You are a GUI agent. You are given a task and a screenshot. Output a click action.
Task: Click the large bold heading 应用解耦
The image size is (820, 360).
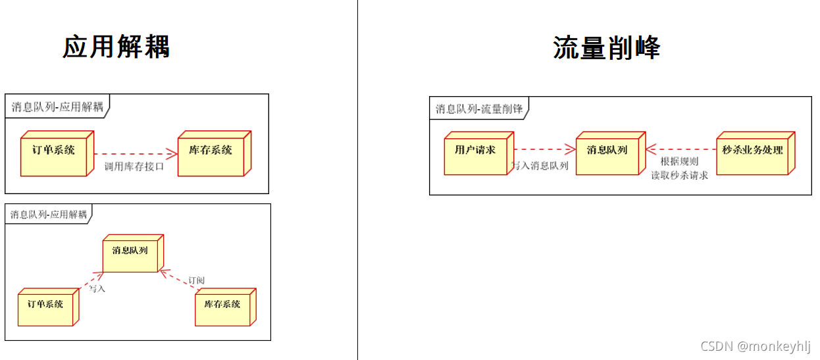pos(116,47)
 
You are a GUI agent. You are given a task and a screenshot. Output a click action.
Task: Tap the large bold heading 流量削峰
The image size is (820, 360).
pos(606,47)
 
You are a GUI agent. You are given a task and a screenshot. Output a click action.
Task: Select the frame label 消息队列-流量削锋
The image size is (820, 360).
pos(478,109)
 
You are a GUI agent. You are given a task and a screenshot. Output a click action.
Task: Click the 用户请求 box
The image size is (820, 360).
pos(475,153)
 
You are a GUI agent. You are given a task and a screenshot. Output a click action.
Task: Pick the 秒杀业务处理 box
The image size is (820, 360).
pos(752,153)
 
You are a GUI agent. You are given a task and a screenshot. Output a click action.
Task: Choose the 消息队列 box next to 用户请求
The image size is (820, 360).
pos(607,153)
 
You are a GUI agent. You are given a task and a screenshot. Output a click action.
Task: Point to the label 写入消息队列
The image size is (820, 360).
pos(540,166)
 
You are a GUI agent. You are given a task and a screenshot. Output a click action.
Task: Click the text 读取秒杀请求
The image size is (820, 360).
pos(679,176)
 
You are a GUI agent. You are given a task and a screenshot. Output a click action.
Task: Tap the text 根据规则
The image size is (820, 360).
pos(679,161)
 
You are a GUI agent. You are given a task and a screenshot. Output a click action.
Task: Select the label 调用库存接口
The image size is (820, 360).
pos(134,167)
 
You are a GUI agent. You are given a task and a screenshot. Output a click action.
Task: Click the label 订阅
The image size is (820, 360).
pos(196,280)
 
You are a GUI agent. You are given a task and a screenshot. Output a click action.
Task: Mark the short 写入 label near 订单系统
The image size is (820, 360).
pos(97,288)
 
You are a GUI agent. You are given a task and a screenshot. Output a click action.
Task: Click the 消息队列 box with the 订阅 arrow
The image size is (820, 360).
pos(130,253)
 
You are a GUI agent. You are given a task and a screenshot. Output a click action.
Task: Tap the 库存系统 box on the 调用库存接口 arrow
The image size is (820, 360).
pos(211,153)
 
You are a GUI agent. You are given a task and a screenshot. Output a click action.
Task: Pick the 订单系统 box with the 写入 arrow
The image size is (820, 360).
pos(45,307)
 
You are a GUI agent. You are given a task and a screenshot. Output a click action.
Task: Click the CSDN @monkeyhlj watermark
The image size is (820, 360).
pos(756,346)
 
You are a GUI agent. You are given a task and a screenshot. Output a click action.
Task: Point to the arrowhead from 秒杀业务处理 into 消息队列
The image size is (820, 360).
pos(650,149)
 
